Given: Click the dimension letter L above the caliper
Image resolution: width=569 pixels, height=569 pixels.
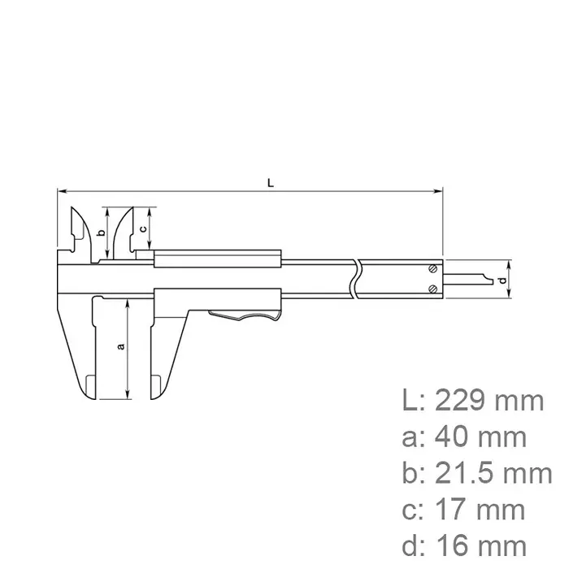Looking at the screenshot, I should pyautogui.click(x=271, y=182).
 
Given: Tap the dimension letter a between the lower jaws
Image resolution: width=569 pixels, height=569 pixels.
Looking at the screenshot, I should pyautogui.click(x=121, y=347).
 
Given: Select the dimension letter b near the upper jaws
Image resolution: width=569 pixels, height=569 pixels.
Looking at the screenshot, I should pyautogui.click(x=101, y=232).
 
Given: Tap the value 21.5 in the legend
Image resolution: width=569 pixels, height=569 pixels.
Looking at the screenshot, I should pyautogui.click(x=471, y=474).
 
